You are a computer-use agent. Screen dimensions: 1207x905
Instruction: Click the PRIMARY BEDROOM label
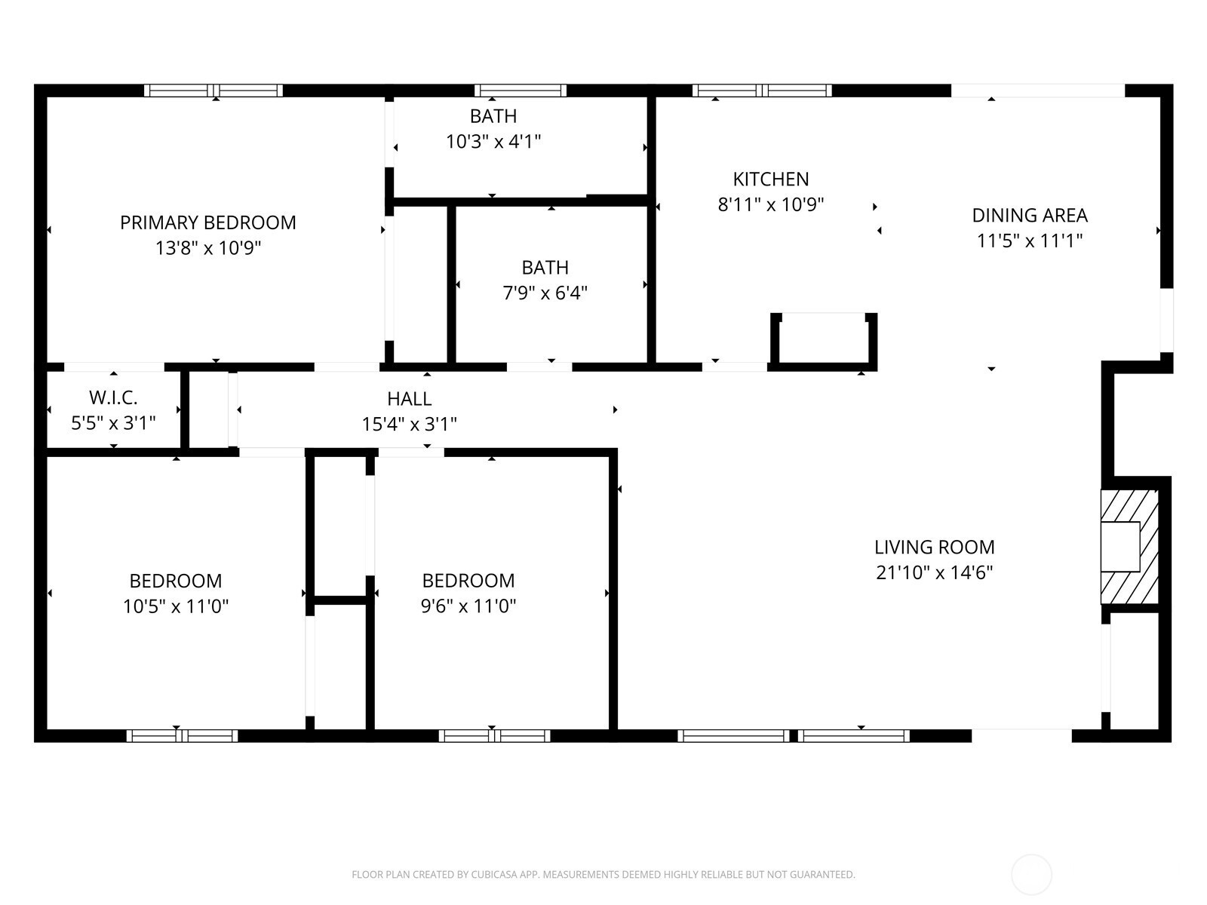pos(208,222)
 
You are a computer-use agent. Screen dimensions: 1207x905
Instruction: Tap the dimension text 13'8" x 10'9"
pos(208,248)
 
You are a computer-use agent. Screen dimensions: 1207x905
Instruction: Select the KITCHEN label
pos(770,179)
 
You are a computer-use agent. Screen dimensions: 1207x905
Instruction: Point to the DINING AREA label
pos(1030,216)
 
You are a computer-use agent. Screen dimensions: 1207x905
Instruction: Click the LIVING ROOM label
pos(934,548)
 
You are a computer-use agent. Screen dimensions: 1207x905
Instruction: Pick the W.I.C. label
pos(113,397)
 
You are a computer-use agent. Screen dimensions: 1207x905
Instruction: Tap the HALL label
pos(409,398)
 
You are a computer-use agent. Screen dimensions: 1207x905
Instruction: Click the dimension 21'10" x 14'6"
pos(934,572)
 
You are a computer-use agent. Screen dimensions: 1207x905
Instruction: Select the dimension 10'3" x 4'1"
pos(493,142)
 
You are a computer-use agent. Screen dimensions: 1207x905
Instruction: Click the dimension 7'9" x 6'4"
pos(545,293)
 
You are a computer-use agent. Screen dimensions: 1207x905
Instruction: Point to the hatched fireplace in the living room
pos(1129,547)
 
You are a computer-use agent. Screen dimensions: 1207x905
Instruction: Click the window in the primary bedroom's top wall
pos(213,90)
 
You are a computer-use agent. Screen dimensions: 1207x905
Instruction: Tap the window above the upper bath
pos(521,90)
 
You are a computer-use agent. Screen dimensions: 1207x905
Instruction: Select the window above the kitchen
pos(762,90)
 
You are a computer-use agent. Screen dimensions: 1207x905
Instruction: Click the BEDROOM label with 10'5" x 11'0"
pos(176,581)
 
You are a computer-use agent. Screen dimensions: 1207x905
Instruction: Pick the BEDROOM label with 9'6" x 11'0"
pos(468,580)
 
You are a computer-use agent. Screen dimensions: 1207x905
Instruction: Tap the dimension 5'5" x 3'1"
pos(113,423)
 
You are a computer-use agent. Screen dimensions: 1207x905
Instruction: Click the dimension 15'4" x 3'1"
pos(409,424)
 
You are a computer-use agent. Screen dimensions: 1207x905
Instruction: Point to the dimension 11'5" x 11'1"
pos(1030,241)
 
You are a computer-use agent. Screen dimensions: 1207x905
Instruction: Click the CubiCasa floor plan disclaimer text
pos(603,874)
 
